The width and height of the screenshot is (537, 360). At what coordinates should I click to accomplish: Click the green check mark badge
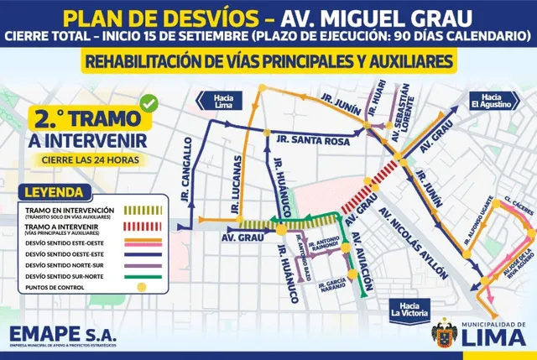[149, 103]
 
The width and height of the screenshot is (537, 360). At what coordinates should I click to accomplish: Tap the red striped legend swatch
[141, 227]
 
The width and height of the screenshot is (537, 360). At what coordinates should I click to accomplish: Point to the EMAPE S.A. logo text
[63, 333]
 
